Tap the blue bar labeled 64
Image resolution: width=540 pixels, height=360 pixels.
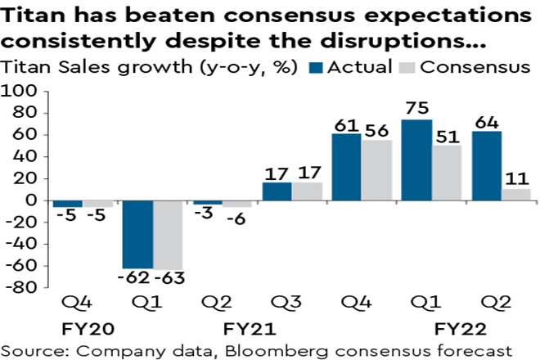pyautogui.click(x=484, y=165)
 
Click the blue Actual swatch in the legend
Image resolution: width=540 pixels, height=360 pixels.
pyautogui.click(x=317, y=68)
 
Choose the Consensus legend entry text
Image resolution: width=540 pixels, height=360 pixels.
pyautogui.click(x=475, y=67)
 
